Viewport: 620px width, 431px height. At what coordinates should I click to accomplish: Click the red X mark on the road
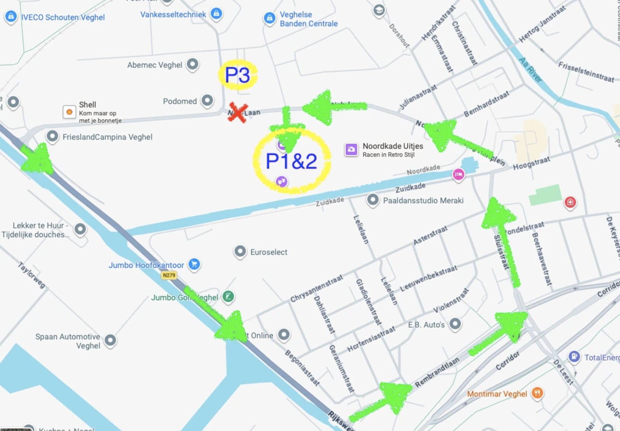238,113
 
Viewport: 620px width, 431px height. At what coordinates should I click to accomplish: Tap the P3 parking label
237,75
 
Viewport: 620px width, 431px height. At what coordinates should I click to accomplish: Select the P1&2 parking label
291,161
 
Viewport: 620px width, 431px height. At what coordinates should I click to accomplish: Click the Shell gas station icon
69,112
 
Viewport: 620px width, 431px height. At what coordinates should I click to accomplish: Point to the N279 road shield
169,275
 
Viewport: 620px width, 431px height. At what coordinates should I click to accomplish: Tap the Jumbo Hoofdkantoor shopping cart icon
194,264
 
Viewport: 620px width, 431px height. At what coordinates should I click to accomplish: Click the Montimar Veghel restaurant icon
537,393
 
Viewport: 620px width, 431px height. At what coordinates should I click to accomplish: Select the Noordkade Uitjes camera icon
351,150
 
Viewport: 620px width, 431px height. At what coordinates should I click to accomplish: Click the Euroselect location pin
240,251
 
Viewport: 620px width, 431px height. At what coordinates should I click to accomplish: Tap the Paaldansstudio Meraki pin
373,200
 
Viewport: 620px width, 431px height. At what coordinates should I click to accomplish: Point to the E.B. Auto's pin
455,324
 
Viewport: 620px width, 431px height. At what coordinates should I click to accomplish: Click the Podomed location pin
207,101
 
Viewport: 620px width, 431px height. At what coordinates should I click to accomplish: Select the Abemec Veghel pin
193,64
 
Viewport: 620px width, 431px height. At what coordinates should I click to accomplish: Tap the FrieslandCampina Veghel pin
52,136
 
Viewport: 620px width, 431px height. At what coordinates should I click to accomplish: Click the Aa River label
530,70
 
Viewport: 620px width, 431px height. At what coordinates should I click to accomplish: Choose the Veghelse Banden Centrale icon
269,18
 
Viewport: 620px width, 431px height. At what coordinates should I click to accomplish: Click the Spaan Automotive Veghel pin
110,340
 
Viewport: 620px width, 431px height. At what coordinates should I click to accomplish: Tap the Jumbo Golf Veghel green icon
228,296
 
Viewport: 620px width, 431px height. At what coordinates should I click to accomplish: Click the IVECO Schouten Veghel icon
11,16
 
